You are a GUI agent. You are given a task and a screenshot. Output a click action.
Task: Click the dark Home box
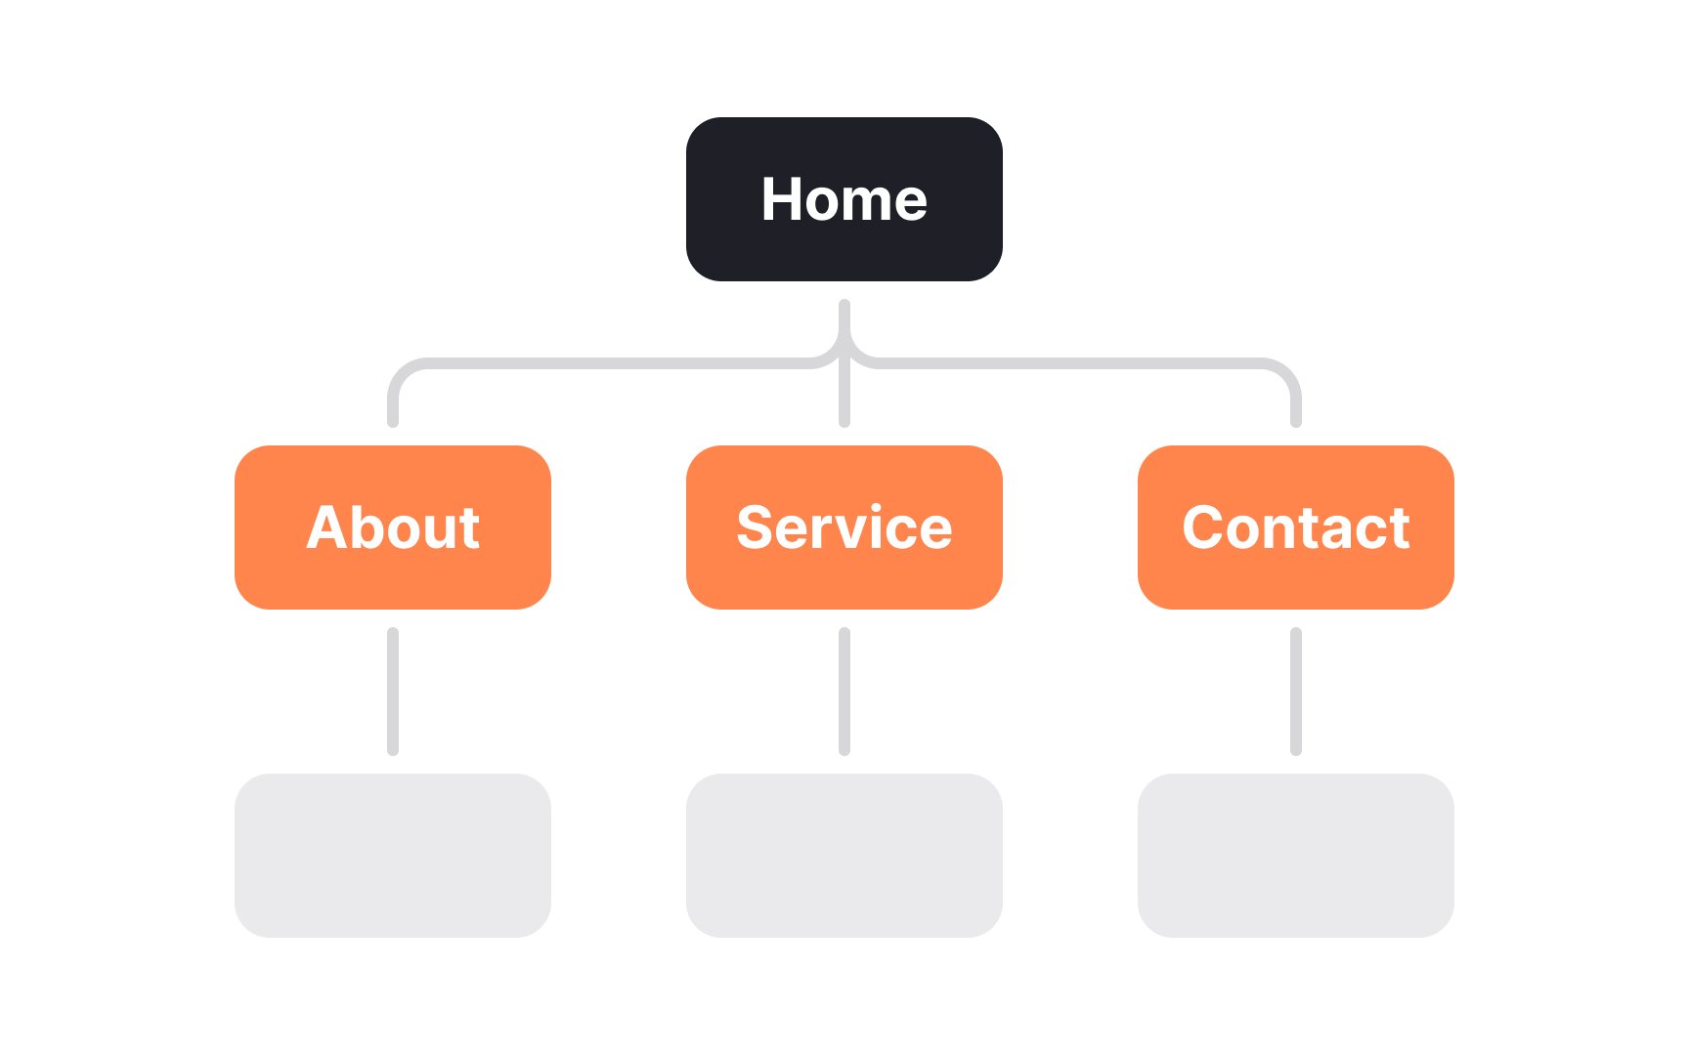[844, 199]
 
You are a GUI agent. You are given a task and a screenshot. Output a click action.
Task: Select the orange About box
[393, 527]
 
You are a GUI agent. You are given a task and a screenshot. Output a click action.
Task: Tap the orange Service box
[844, 527]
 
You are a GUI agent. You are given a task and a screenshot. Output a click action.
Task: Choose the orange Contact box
[1296, 527]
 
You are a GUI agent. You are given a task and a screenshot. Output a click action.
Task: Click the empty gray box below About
[393, 856]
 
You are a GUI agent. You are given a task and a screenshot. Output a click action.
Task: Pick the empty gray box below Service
[844, 856]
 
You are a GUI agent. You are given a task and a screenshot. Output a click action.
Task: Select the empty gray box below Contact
[1296, 856]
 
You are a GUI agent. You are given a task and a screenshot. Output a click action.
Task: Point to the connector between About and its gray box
[393, 692]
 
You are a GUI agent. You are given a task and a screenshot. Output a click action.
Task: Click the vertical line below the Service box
[844, 692]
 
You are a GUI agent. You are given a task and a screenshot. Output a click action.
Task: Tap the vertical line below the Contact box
[1296, 692]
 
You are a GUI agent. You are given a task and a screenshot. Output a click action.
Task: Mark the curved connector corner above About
[402, 372]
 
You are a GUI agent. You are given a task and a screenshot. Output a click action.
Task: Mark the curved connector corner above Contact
[1287, 372]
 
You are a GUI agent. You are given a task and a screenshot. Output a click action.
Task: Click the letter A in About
[329, 527]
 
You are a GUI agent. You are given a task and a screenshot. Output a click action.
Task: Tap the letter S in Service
[757, 527]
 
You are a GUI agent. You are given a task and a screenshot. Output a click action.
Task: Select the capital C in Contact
[1204, 527]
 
